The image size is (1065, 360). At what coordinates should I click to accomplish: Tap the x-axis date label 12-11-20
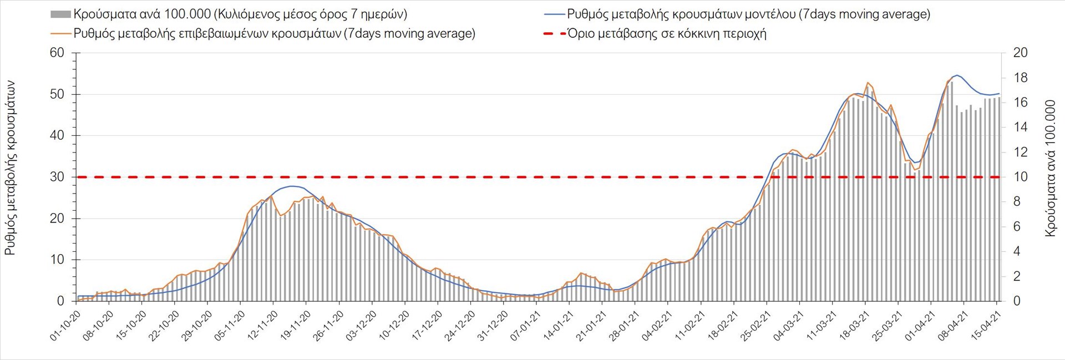[263, 326]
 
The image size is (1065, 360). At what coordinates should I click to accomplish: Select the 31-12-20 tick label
[493, 326]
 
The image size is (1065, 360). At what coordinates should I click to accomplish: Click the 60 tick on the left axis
[57, 53]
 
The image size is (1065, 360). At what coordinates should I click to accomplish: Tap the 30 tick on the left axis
[57, 177]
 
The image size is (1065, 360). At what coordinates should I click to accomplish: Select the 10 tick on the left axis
[57, 260]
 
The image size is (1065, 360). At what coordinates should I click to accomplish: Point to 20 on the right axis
[1020, 53]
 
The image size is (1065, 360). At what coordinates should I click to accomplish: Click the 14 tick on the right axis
[1020, 127]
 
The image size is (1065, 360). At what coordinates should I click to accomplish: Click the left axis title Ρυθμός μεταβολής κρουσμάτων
[10, 168]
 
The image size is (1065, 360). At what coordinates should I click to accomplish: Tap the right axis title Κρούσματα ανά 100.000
[1050, 168]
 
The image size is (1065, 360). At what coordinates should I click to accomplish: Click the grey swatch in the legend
[60, 14]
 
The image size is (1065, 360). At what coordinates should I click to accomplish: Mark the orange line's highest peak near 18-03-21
[868, 83]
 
